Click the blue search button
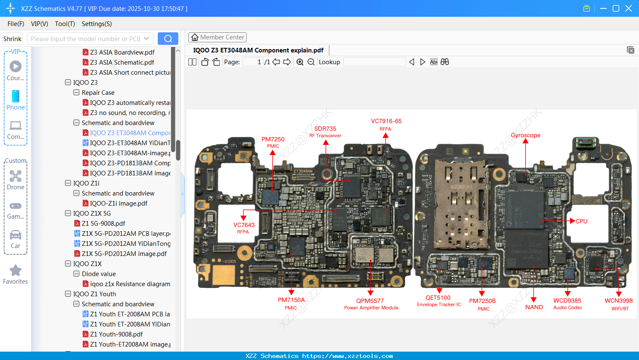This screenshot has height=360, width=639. point(168,39)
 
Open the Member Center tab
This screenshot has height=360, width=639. point(217,37)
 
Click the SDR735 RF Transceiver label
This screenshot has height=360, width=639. point(325,131)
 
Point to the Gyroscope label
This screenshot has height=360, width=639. point(525,135)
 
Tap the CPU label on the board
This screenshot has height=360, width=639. point(581,221)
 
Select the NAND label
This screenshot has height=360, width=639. point(534,307)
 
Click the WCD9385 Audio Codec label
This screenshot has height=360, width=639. point(567,303)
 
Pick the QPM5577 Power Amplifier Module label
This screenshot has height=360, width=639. point(370,304)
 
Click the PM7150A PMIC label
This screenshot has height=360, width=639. point(291,303)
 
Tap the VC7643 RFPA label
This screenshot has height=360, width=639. point(244,228)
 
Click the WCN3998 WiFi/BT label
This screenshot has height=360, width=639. point(618,304)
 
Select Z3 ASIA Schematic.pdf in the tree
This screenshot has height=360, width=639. point(122,62)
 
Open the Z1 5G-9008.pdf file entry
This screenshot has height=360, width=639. point(103,223)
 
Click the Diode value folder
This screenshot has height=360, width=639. point(99,274)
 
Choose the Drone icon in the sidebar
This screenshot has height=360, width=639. point(16,180)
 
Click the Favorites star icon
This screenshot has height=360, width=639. point(16,271)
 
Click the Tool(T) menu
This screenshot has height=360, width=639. point(65,24)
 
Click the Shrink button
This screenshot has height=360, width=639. point(12,39)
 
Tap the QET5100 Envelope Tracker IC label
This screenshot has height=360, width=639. point(438,300)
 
